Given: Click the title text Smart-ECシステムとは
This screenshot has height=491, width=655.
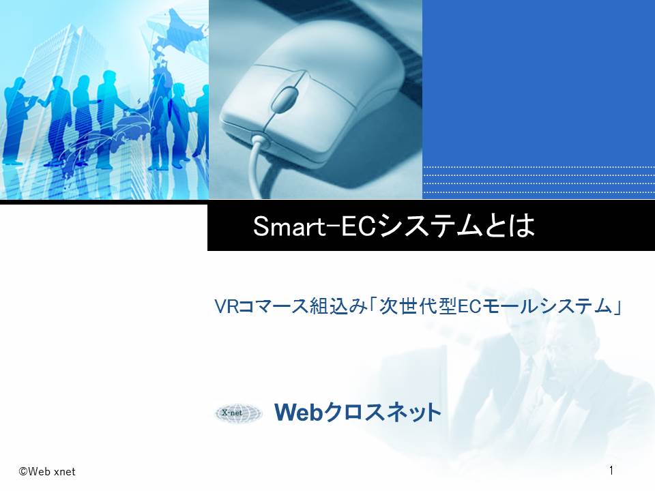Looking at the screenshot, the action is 394,226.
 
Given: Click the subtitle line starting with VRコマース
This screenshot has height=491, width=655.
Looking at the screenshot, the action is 418,306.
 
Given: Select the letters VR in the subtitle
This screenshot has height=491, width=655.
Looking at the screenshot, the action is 226,306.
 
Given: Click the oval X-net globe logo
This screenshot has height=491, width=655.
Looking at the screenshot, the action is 239,413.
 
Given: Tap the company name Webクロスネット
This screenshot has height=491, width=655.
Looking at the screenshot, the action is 358,413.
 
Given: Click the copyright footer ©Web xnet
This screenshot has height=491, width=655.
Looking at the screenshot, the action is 47,471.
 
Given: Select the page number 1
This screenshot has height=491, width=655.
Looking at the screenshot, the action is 611,471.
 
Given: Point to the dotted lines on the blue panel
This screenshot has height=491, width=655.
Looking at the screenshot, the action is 539,180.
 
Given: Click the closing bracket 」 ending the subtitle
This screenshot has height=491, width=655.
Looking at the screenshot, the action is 617,306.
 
